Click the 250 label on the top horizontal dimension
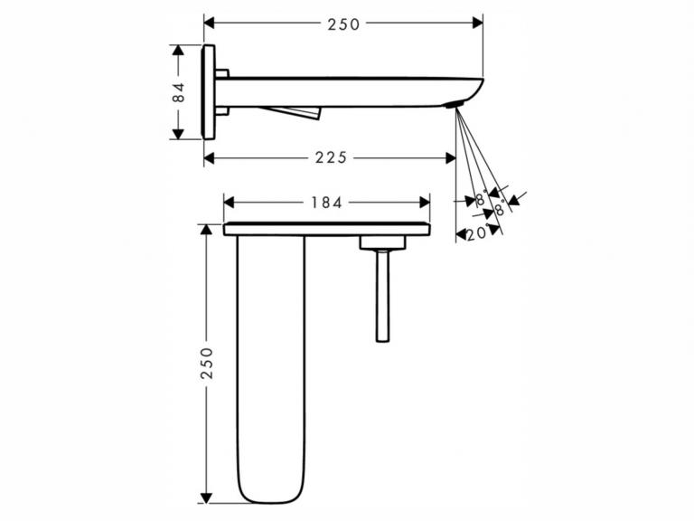343,24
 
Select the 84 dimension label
178,92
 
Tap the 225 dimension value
332,157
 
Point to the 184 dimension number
326,203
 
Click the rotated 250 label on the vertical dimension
207,363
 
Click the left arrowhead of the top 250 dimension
210,23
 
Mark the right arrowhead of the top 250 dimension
477,23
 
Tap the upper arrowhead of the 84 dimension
178,50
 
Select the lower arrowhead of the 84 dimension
178,134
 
